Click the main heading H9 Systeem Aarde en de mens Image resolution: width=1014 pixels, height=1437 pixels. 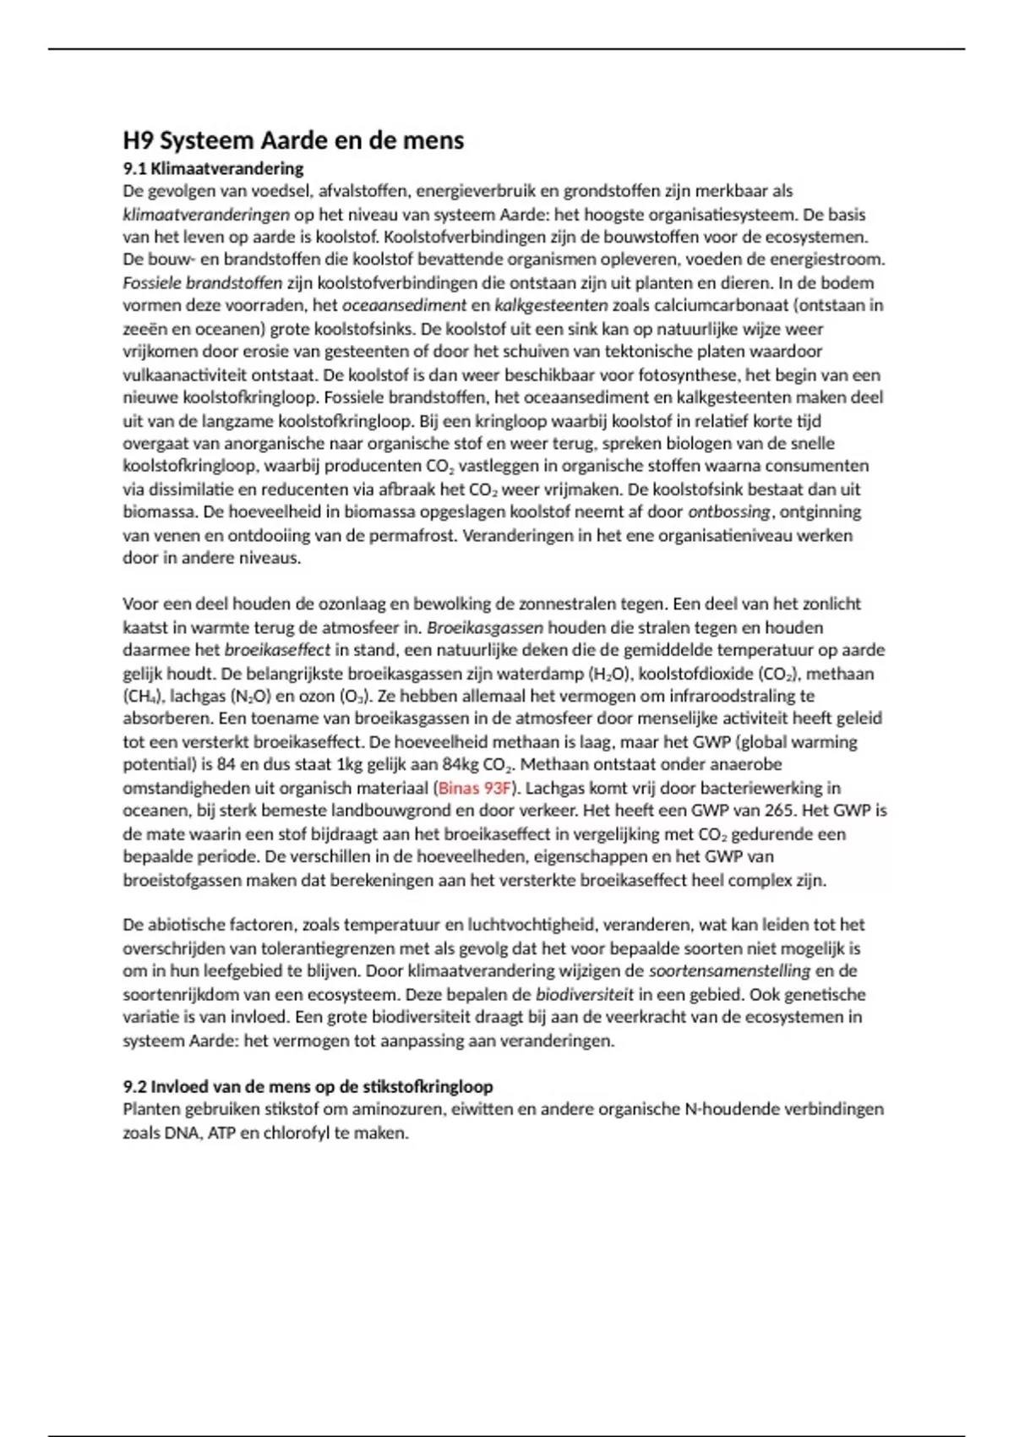pos(293,140)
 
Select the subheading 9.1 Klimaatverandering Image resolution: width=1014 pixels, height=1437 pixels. pos(213,168)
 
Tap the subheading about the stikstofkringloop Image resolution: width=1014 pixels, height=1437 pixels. pos(308,1086)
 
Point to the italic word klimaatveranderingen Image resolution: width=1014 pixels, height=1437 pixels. pos(206,215)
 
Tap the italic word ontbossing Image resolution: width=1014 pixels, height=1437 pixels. pos(728,511)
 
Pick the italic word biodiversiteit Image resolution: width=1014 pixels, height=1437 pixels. pos(585,994)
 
